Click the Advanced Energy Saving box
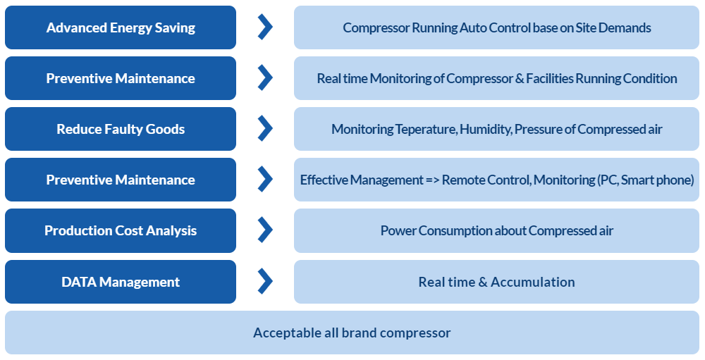click(121, 27)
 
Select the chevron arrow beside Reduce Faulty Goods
click(265, 128)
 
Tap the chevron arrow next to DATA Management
click(265, 281)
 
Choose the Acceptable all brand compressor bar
click(352, 333)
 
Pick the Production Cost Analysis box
click(121, 230)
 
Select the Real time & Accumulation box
click(496, 282)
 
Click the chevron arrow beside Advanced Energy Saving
click(265, 27)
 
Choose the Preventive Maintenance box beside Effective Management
click(121, 180)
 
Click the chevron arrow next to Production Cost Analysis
click(265, 230)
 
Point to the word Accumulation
click(533, 282)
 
